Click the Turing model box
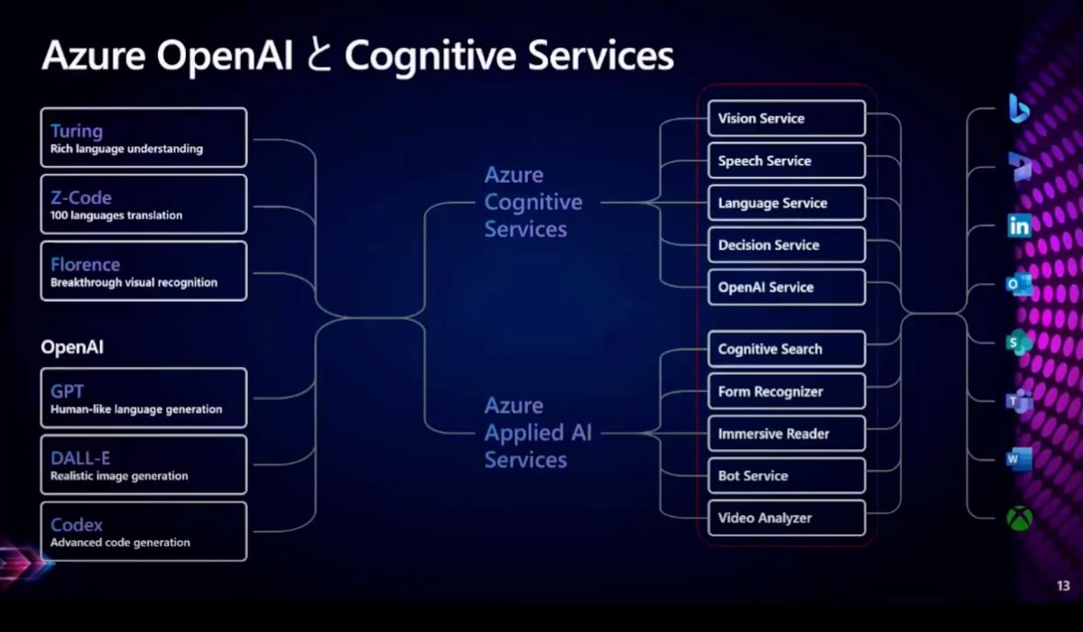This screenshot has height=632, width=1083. pos(143,138)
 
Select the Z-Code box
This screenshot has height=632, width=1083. pos(143,205)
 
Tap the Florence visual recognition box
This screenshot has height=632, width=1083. pos(143,271)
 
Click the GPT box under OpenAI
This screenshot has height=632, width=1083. pos(143,398)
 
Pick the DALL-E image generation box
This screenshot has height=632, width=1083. pos(143,465)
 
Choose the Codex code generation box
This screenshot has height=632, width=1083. pos(143,532)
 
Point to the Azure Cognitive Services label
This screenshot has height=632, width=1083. pos(532,202)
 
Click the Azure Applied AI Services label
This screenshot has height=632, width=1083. pos(538,433)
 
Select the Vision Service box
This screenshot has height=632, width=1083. pos(786,118)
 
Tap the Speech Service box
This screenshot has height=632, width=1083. pos(786,160)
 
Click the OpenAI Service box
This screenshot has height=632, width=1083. pos(786,288)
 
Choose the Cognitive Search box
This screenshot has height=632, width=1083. pos(786,349)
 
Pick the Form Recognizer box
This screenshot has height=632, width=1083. pos(786,391)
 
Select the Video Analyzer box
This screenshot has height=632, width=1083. pos(786,518)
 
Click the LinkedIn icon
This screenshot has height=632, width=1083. pos(1020,226)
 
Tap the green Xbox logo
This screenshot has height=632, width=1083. pos(1020,519)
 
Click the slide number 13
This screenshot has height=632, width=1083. pos(1063,587)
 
